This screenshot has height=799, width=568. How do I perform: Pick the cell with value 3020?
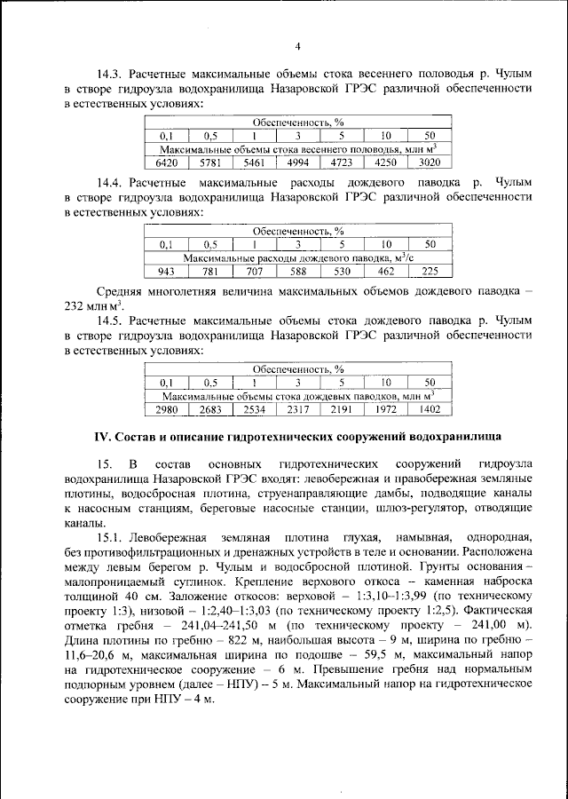click(x=430, y=163)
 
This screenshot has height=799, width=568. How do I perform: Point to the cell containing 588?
click(x=298, y=272)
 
